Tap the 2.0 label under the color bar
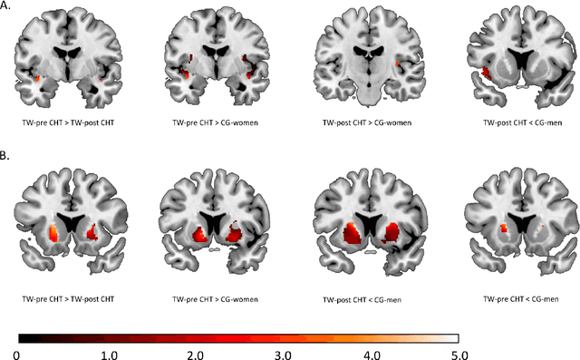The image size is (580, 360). (196, 351)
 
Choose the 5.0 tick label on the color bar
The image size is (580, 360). (459, 351)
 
